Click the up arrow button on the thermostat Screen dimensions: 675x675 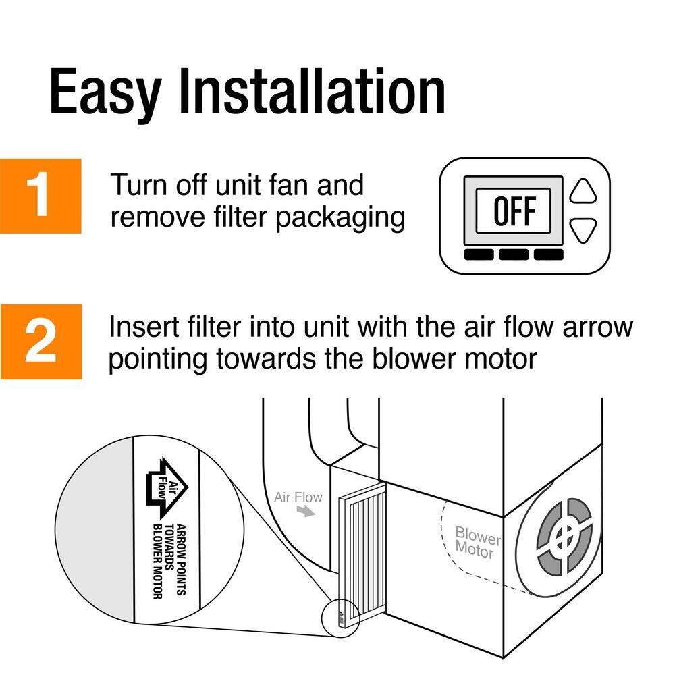[x=584, y=191]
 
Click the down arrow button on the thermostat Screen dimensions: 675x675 [x=584, y=230]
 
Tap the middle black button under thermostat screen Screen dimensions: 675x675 [x=514, y=254]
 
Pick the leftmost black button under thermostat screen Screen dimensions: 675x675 [x=479, y=254]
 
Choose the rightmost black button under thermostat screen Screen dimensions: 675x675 [x=548, y=254]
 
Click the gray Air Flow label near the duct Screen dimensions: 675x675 [x=298, y=498]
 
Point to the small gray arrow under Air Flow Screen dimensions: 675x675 [x=307, y=513]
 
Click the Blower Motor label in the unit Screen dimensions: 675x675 [x=478, y=541]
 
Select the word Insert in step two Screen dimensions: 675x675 [x=140, y=327]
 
